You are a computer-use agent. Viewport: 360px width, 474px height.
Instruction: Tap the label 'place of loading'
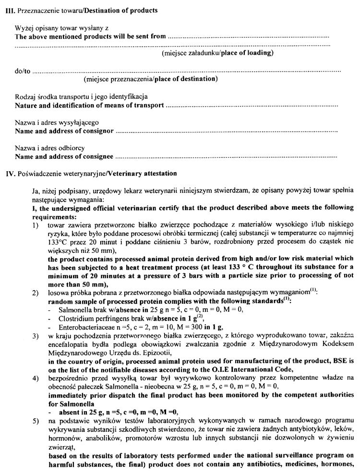pos(247,53)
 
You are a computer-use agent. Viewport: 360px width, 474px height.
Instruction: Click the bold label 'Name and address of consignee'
pos(64,157)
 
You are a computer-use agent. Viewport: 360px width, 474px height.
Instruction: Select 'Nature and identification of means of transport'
pos(89,105)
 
